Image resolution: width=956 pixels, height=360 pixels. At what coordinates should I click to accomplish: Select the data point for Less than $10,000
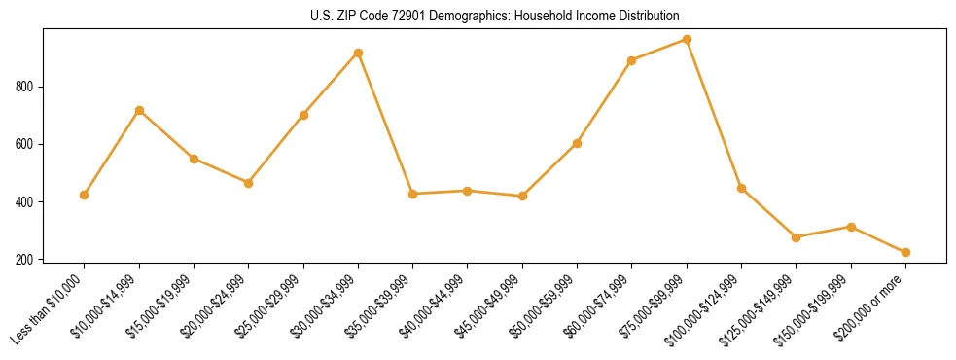pyautogui.click(x=85, y=195)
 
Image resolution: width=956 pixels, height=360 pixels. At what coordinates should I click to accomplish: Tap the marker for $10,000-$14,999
pyautogui.click(x=139, y=110)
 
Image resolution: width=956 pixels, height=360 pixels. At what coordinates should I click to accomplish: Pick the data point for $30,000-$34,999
pyautogui.click(x=359, y=53)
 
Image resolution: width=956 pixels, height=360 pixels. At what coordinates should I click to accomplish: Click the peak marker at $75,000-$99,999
pyautogui.click(x=688, y=40)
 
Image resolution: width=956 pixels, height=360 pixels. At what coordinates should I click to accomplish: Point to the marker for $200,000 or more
pyautogui.click(x=906, y=252)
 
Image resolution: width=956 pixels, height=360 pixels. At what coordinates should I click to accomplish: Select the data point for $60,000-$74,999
pyautogui.click(x=632, y=60)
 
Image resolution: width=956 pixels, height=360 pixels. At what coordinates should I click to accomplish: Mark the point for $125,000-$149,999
pyautogui.click(x=797, y=237)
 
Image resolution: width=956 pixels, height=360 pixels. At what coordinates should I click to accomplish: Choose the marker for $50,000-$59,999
pyautogui.click(x=578, y=143)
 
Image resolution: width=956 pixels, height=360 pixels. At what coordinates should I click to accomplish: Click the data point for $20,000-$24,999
pyautogui.click(x=249, y=183)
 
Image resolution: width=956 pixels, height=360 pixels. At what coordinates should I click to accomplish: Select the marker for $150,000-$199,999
pyautogui.click(x=852, y=227)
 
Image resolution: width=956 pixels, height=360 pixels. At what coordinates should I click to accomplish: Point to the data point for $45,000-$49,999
pyautogui.click(x=523, y=197)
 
